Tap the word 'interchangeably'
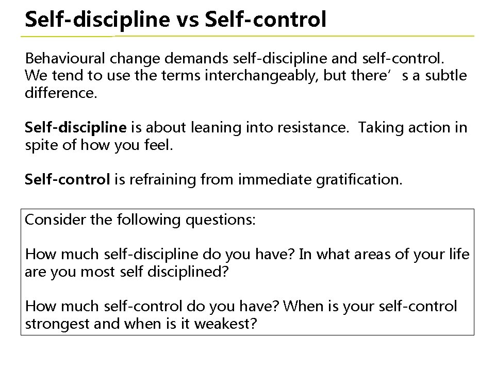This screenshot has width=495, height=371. click(262, 76)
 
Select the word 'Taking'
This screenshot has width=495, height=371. click(376, 128)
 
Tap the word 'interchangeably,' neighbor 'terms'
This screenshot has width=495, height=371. click(262, 76)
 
